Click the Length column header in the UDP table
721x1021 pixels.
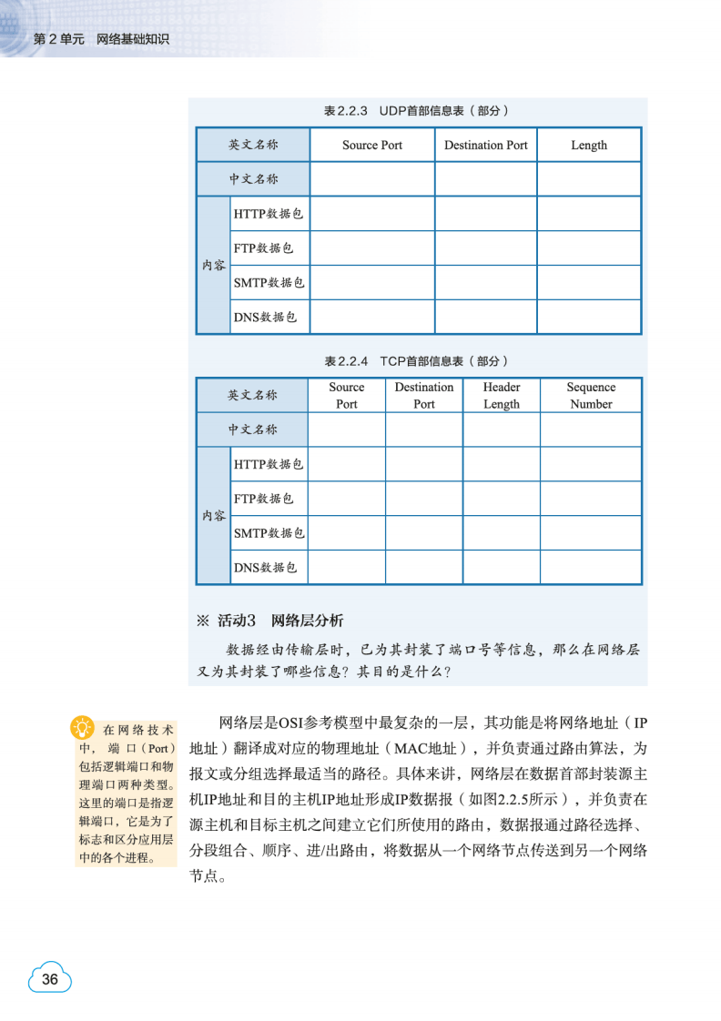click(589, 146)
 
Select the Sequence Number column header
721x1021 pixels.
click(591, 396)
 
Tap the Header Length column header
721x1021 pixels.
click(502, 396)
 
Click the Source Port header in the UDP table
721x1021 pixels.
click(372, 146)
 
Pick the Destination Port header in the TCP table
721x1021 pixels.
click(424, 396)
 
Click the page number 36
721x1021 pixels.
click(50, 979)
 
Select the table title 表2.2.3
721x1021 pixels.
click(416, 111)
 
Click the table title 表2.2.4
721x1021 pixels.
click(416, 361)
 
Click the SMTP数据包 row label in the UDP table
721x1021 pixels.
click(269, 283)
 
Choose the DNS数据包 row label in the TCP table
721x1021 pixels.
click(266, 568)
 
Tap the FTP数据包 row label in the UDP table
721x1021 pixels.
click(264, 248)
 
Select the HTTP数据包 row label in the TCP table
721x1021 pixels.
click(269, 464)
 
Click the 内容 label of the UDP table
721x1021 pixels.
click(214, 266)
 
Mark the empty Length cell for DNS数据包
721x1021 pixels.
click(589, 318)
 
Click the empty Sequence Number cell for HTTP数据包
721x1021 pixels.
click(591, 464)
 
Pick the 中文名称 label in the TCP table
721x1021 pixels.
click(253, 430)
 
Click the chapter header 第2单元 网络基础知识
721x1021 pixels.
click(101, 40)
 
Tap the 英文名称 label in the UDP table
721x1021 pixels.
click(253, 146)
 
